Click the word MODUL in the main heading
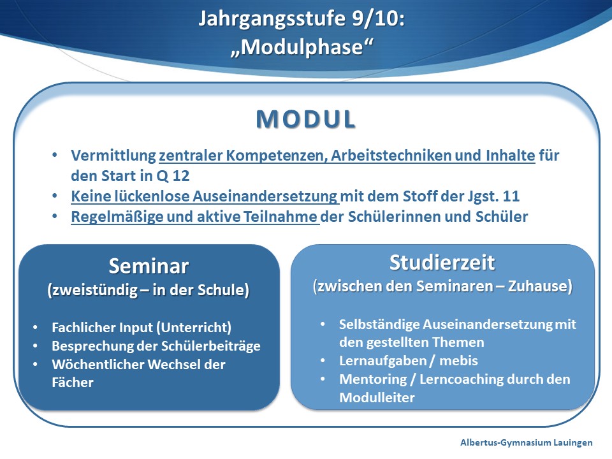pyautogui.click(x=305, y=119)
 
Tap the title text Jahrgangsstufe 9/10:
pyautogui.click(x=302, y=18)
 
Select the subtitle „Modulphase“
pyautogui.click(x=302, y=47)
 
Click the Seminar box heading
pyautogui.click(x=149, y=266)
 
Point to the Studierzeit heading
pyautogui.click(x=442, y=262)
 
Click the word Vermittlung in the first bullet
pyautogui.click(x=113, y=156)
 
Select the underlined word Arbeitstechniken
pyautogui.click(x=391, y=156)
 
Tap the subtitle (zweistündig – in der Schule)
pyautogui.click(x=149, y=290)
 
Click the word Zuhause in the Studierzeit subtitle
pyautogui.click(x=540, y=286)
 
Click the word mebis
pyautogui.click(x=458, y=361)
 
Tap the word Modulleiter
pyautogui.click(x=377, y=398)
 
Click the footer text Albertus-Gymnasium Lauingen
pyautogui.click(x=526, y=442)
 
